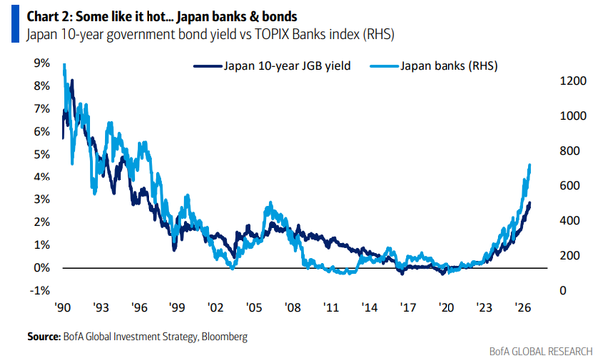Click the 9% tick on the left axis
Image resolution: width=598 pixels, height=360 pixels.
(42, 63)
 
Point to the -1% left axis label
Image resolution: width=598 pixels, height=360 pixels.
(40, 291)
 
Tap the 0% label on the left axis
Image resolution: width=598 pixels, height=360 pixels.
(42, 268)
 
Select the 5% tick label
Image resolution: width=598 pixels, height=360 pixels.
(42, 155)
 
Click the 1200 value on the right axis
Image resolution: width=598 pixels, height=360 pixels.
(573, 81)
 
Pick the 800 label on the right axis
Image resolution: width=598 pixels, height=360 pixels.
(570, 151)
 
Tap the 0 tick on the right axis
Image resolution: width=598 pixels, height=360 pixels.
(563, 291)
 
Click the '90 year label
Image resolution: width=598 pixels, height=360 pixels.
(63, 307)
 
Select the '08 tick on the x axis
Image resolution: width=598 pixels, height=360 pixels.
(292, 307)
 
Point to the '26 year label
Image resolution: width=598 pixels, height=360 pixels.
(523, 307)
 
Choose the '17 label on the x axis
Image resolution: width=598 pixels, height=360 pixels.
(408, 307)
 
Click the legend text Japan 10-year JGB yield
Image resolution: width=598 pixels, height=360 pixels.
(287, 66)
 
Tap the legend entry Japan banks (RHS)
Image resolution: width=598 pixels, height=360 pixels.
(448, 66)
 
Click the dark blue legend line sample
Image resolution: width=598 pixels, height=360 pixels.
(208, 66)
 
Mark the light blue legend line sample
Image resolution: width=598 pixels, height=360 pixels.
(384, 66)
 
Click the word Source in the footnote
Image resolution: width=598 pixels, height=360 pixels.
(44, 337)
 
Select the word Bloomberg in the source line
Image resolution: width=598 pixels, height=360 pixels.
(224, 337)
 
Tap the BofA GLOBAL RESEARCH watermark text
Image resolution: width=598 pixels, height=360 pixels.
(541, 351)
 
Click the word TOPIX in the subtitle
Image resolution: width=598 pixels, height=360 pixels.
(271, 34)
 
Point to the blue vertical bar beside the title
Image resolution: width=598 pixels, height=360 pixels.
(15, 24)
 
